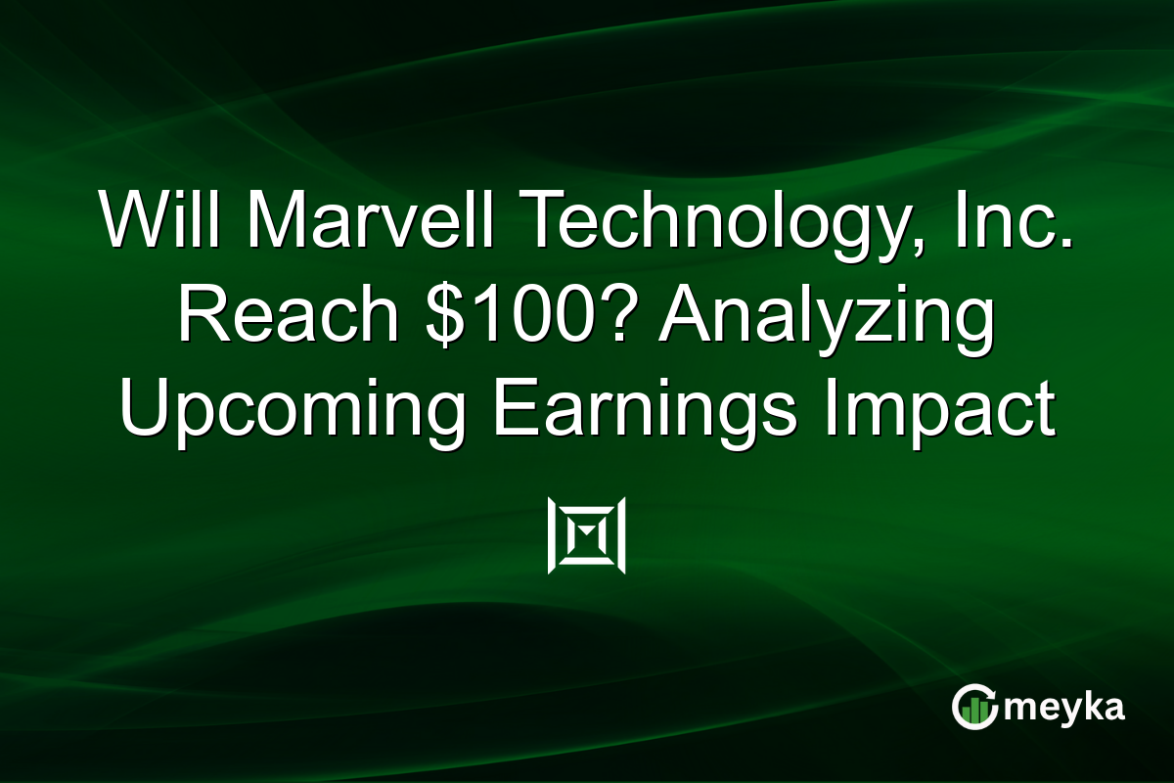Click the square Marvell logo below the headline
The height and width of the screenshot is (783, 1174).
tap(587, 535)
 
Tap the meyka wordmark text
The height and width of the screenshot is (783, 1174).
tap(1067, 708)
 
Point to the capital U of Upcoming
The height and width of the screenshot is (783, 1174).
tap(146, 411)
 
